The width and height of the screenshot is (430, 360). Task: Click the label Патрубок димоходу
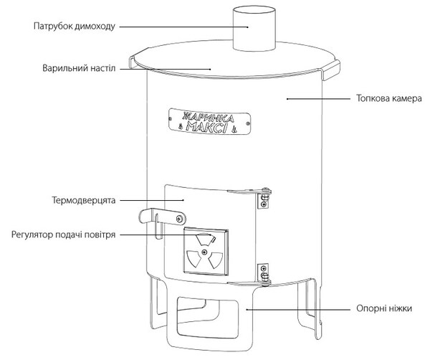click(x=75, y=27)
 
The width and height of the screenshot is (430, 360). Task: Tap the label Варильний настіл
click(x=79, y=68)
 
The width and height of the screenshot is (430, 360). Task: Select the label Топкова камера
click(x=389, y=98)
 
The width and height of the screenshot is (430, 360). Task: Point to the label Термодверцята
click(x=84, y=200)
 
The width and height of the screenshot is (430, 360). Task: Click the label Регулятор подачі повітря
click(x=63, y=235)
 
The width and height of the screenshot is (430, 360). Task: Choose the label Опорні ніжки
click(x=384, y=308)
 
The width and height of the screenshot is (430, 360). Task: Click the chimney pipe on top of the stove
click(x=254, y=29)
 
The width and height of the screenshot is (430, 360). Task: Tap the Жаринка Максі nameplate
click(x=209, y=122)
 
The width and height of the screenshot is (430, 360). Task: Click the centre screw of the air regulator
click(x=204, y=252)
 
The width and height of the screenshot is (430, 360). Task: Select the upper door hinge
click(x=263, y=196)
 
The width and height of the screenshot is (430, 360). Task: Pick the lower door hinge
click(x=264, y=275)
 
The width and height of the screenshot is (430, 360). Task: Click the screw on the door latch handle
click(x=180, y=219)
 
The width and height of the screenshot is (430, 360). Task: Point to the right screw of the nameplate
click(x=248, y=124)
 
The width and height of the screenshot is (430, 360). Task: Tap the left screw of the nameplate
click(x=171, y=118)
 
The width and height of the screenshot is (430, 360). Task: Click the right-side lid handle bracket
click(x=330, y=70)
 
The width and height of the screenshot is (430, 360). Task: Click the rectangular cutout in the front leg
click(x=207, y=318)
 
